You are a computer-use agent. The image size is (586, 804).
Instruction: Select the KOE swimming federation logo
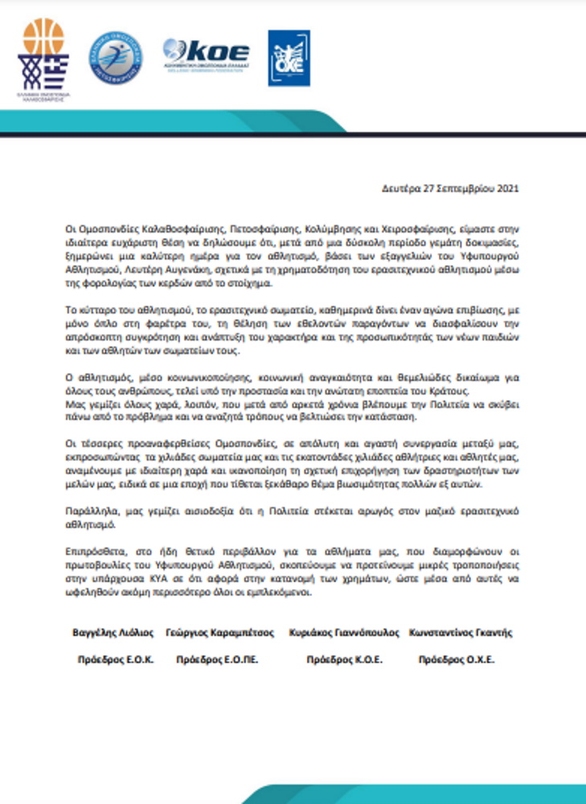tap(206, 56)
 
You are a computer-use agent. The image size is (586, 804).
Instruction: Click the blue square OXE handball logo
tap(289, 58)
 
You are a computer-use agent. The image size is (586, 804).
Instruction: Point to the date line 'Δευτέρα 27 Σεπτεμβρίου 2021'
tap(450, 190)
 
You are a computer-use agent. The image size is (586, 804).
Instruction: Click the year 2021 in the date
tap(507, 190)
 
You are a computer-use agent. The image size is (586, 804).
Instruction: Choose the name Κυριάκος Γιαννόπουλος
tap(343, 633)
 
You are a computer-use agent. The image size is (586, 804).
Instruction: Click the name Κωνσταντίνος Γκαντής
tap(460, 633)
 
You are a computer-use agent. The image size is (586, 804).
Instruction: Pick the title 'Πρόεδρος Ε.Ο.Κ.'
tap(114, 660)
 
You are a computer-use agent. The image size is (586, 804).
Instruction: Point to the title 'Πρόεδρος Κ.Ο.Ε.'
tap(345, 660)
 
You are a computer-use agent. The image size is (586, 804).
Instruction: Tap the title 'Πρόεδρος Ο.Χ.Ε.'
tap(456, 660)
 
